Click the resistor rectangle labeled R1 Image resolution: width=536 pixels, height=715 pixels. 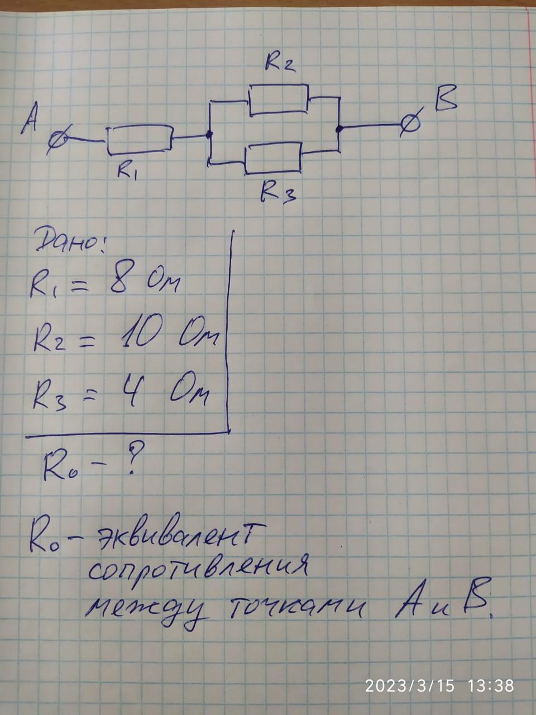pos(139,140)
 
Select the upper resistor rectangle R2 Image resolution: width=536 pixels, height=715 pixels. pos(279,99)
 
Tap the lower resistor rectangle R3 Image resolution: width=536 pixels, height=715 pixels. pos(274,157)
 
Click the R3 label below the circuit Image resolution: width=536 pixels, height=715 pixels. pos(277,192)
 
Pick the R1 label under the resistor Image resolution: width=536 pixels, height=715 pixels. pos(127,170)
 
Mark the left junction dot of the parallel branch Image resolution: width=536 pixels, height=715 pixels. pos(209,135)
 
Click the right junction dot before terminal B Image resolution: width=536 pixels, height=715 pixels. pos(339,129)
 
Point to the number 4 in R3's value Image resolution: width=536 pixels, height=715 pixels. pos(132,392)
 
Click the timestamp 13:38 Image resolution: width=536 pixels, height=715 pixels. pos(491,685)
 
